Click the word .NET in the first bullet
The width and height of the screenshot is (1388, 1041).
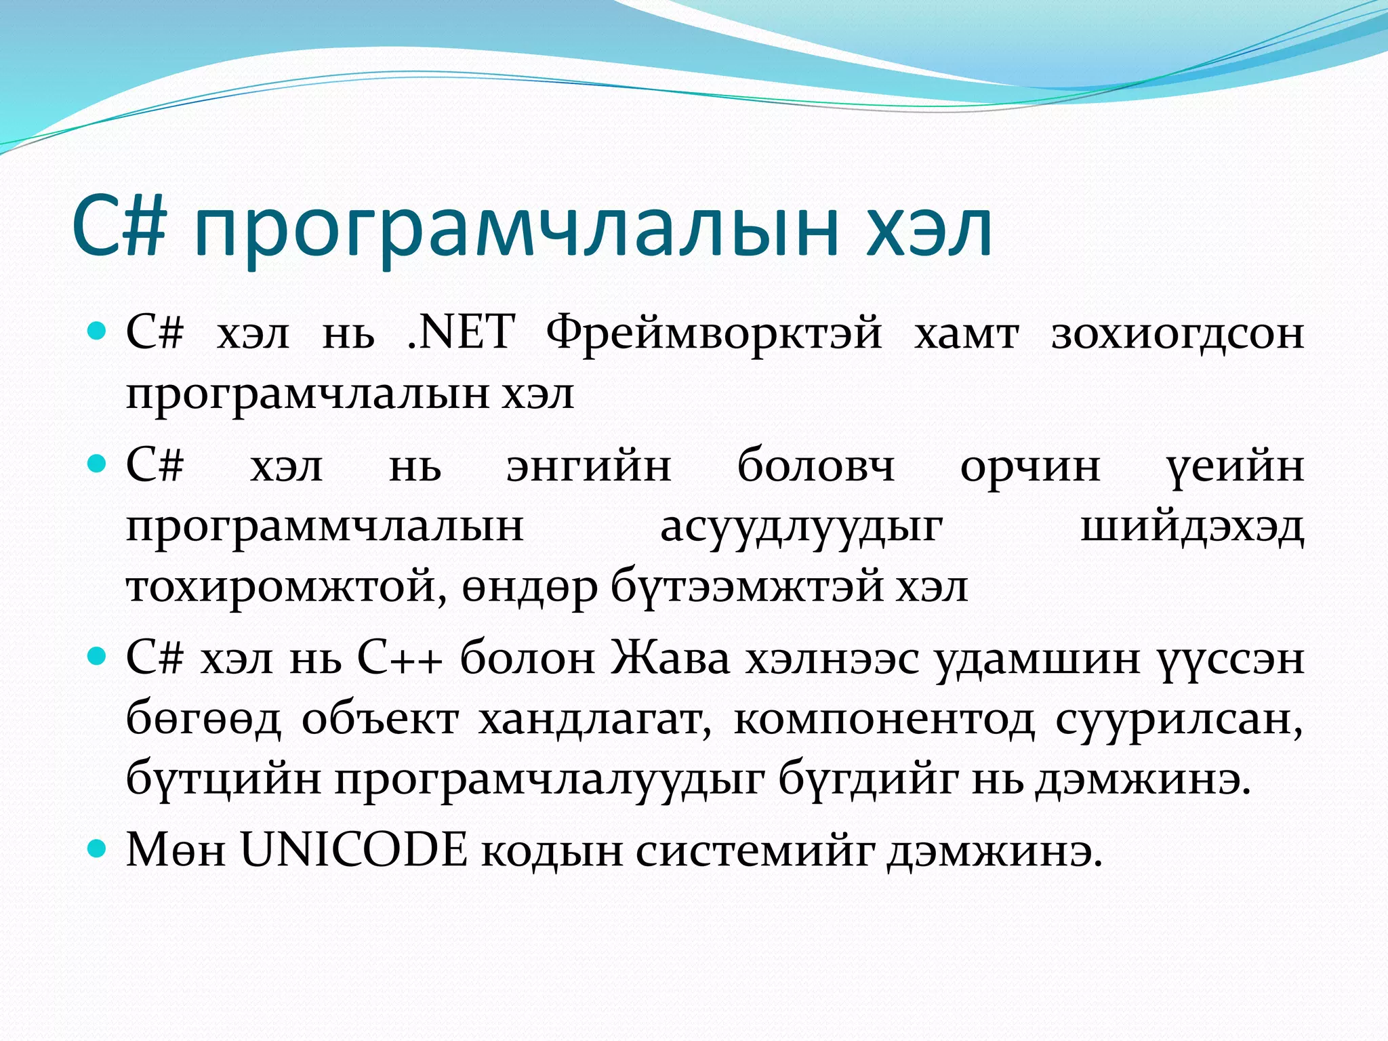tap(461, 332)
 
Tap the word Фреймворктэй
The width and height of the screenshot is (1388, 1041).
tap(714, 333)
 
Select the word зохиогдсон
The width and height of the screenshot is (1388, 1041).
tap(1178, 333)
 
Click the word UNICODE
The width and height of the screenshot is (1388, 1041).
tap(354, 850)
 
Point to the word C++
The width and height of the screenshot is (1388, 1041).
tap(400, 657)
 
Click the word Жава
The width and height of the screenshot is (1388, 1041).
tap(670, 657)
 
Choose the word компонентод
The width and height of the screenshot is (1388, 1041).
tap(884, 720)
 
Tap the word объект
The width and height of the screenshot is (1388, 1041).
tap(380, 720)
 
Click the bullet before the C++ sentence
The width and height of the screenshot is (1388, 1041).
tap(98, 656)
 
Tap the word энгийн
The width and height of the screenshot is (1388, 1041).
tap(589, 468)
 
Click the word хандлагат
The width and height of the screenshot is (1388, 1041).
tap(594, 720)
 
